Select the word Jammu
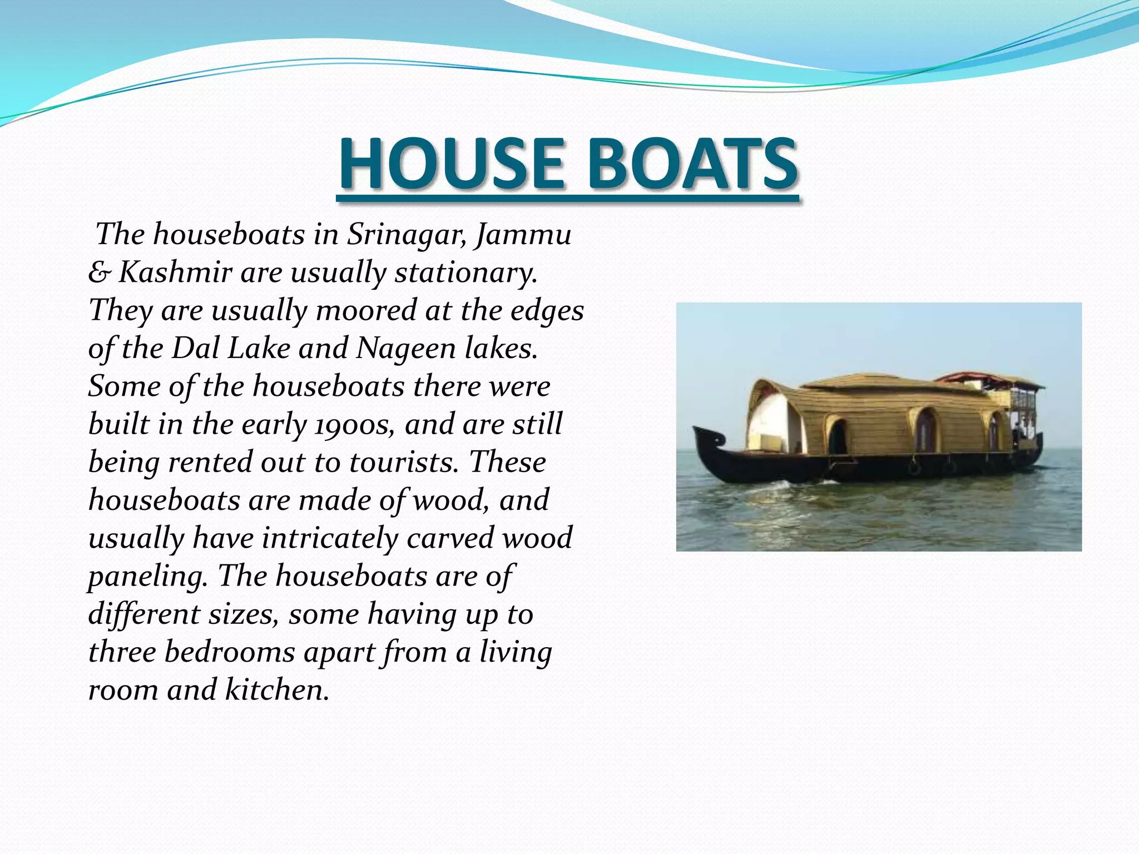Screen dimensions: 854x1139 pos(523,234)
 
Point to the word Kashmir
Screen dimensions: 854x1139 pos(175,272)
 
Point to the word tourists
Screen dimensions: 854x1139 pos(404,463)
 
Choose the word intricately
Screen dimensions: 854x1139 pos(330,538)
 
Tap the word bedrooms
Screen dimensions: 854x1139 pos(229,652)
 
